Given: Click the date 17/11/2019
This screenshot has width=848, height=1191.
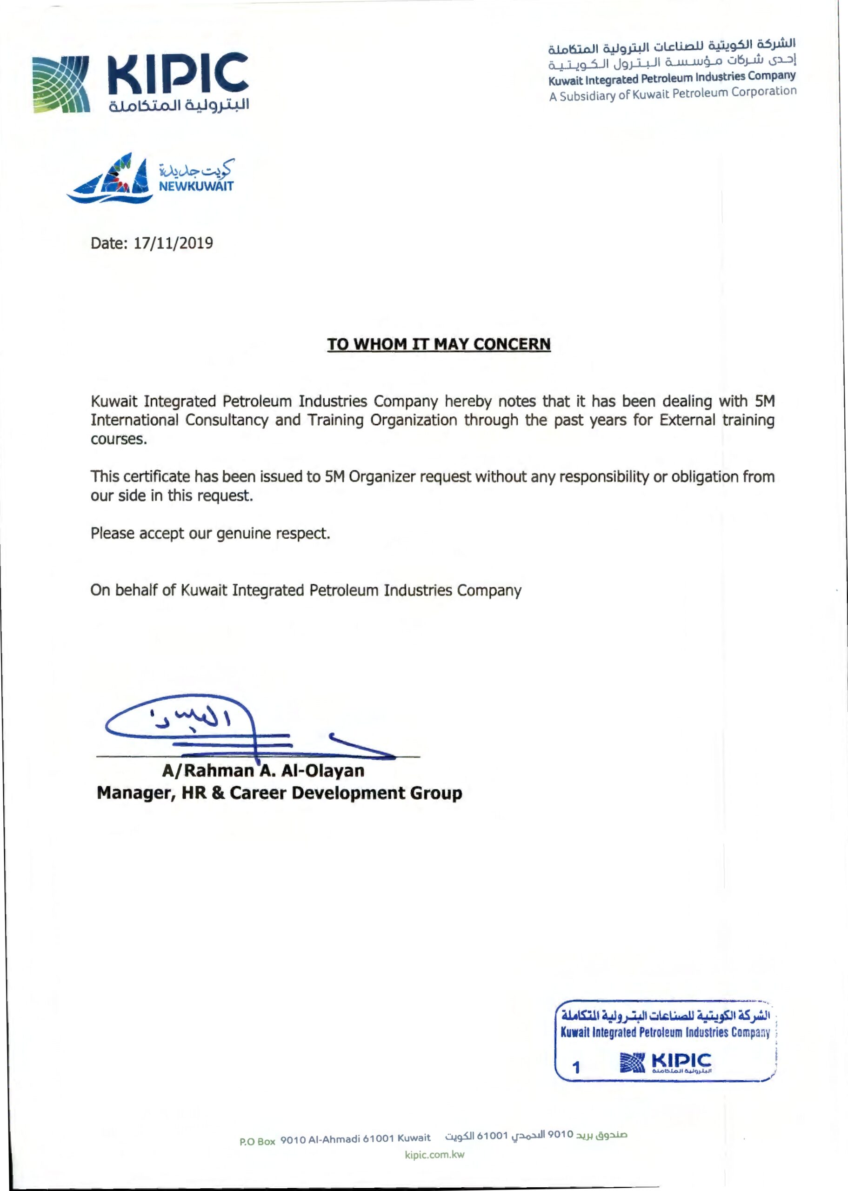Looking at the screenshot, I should pyautogui.click(x=173, y=243).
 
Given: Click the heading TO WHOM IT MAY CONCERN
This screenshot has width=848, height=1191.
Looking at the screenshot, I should pyautogui.click(x=439, y=345).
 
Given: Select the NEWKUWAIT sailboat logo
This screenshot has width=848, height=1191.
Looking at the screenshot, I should pyautogui.click(x=111, y=179).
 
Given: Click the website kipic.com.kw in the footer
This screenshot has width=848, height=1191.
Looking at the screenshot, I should pyautogui.click(x=434, y=1154).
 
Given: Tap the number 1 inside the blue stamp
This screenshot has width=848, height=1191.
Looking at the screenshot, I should pyautogui.click(x=576, y=1067).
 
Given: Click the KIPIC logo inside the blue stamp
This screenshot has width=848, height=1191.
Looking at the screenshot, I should pyautogui.click(x=665, y=1063).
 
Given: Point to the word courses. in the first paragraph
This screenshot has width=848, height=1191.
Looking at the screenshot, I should pyautogui.click(x=119, y=439).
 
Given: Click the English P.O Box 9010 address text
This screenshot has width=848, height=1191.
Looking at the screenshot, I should pyautogui.click(x=335, y=1139).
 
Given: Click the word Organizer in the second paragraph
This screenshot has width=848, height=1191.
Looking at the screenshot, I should pyautogui.click(x=382, y=477).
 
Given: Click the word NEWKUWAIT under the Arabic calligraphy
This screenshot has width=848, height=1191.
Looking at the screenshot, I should pyautogui.click(x=196, y=187).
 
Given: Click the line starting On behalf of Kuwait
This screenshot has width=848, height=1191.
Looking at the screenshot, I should pyautogui.click(x=306, y=590).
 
